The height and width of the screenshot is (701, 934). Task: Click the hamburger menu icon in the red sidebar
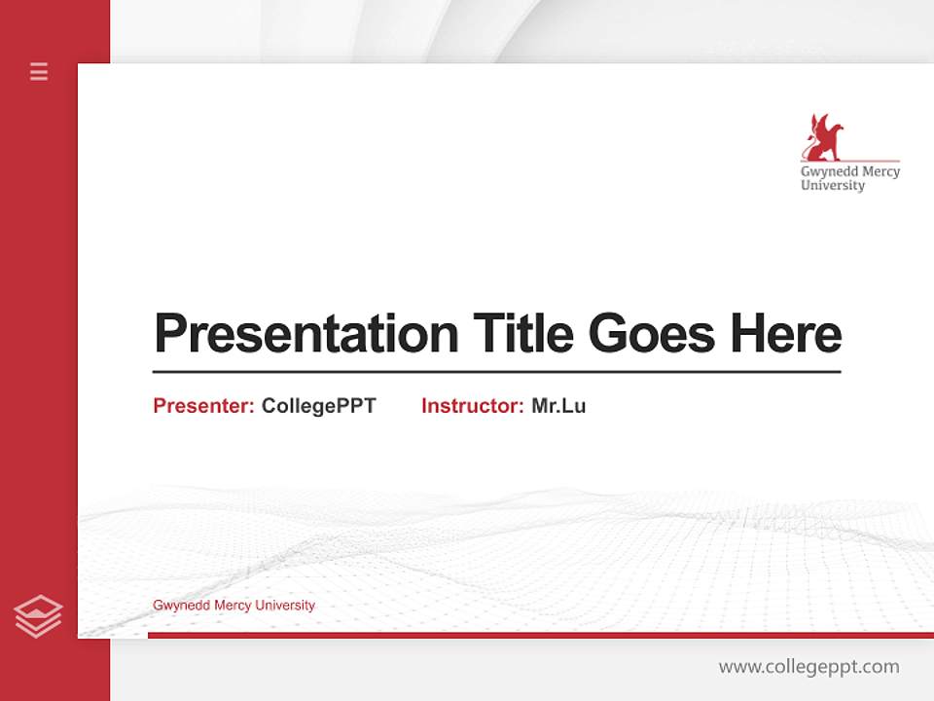tap(39, 71)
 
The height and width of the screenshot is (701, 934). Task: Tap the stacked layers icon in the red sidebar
tap(38, 616)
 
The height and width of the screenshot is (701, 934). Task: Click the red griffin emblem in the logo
tap(821, 137)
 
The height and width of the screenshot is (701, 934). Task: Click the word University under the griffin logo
tap(832, 186)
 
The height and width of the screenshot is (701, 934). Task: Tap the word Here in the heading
tap(785, 334)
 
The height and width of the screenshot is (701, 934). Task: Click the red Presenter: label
tap(203, 406)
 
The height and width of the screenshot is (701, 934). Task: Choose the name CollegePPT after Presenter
tap(318, 406)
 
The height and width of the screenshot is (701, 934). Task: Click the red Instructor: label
tap(472, 406)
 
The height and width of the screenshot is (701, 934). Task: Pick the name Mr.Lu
tap(558, 406)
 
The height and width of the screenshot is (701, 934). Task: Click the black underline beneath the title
tap(496, 371)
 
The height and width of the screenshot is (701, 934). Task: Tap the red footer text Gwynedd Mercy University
tap(233, 606)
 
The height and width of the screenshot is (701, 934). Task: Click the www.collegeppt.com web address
tap(808, 667)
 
